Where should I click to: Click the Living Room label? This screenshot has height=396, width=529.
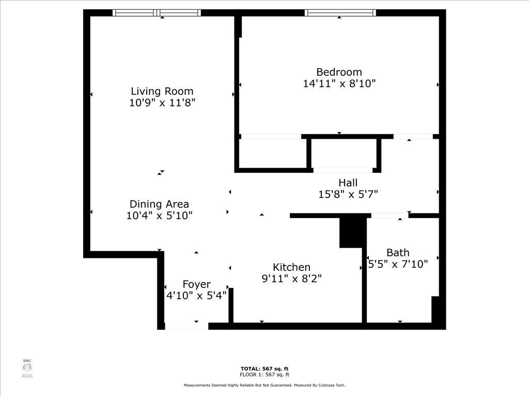click(162, 91)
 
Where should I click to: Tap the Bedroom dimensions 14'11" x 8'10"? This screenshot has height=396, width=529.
click(339, 84)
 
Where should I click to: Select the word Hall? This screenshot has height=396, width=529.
click(348, 183)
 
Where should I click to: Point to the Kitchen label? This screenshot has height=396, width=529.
click(291, 267)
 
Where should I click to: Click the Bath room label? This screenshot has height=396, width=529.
click(398, 253)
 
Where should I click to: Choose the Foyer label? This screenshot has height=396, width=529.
click(196, 285)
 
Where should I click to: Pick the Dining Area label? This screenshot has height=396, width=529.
click(159, 204)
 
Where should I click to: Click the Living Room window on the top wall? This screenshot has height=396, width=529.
click(157, 13)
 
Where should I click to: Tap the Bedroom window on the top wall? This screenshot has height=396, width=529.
click(339, 13)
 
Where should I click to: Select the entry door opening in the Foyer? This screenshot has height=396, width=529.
click(186, 326)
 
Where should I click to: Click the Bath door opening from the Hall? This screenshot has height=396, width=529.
click(389, 216)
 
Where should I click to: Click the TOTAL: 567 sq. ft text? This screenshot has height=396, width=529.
click(264, 369)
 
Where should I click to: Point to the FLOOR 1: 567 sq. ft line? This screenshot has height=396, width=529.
click(264, 375)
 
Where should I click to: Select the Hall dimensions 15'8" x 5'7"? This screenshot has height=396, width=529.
click(348, 194)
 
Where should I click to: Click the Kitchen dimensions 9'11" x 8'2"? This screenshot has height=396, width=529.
click(291, 278)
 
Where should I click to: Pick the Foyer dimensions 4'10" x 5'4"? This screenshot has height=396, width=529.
click(196, 296)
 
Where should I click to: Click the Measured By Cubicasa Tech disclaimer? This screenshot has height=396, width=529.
click(264, 385)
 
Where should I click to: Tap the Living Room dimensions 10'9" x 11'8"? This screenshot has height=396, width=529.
click(162, 103)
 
